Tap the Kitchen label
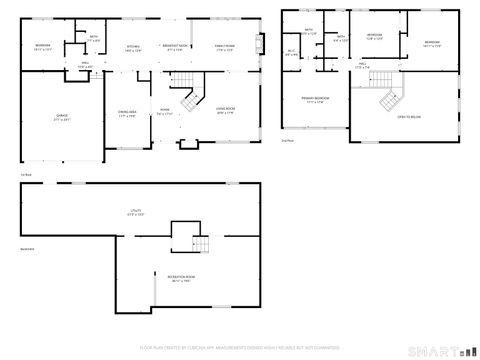pyautogui.click(x=132, y=48)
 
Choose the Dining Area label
pyautogui.click(x=127, y=113)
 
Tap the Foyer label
pyautogui.click(x=164, y=112)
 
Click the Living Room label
pyautogui.click(x=226, y=112)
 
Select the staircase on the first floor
pyautogui.click(x=188, y=99)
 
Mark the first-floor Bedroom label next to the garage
pyautogui.click(x=42, y=47)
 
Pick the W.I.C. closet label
pyautogui.click(x=292, y=53)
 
